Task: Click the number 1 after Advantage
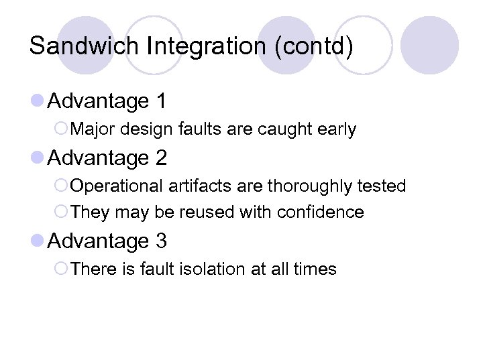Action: point(160,101)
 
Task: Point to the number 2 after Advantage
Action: point(161,158)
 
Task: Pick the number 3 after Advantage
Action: point(161,241)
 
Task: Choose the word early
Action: point(336,129)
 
